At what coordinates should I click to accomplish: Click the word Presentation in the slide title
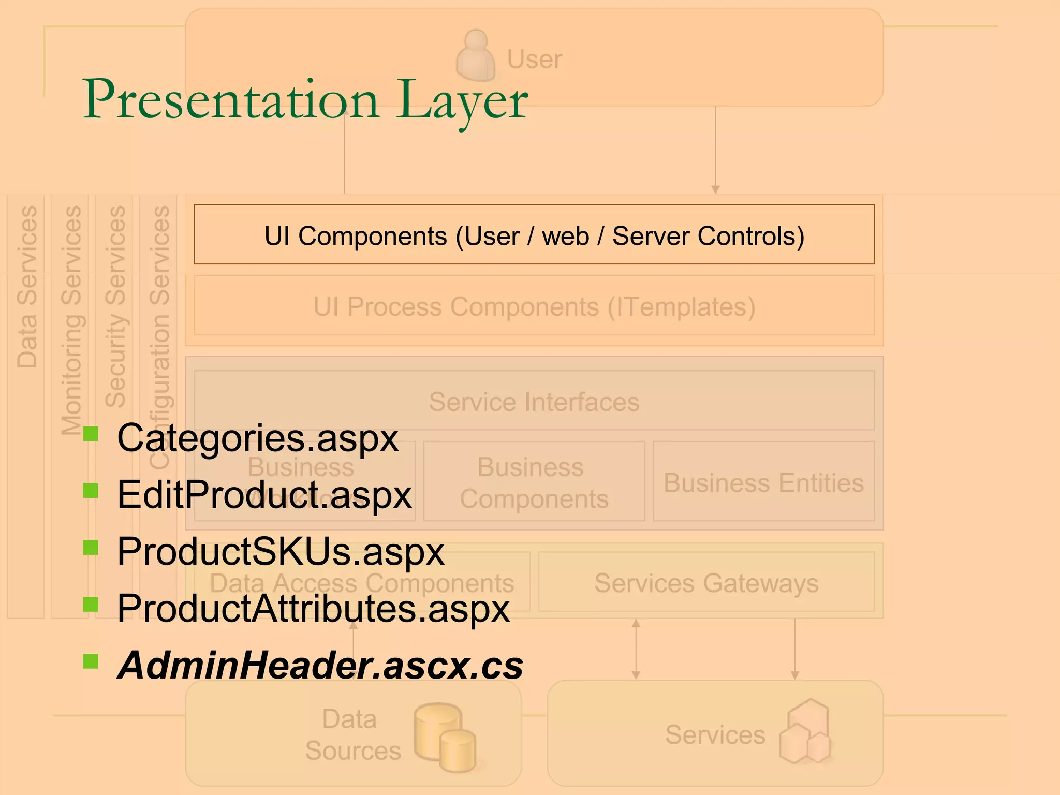point(231,100)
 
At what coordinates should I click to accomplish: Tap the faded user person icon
point(475,56)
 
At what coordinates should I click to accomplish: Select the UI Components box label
point(534,236)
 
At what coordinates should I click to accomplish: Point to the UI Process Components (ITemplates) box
point(534,306)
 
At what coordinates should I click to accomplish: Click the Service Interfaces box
point(534,402)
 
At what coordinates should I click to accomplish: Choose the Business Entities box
point(764,482)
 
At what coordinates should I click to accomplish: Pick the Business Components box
point(534,482)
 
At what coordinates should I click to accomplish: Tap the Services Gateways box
point(706,583)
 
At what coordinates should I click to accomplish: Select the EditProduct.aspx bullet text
point(264,495)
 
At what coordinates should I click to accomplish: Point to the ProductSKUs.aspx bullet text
point(281,551)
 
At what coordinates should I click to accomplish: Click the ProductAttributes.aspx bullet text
point(313,608)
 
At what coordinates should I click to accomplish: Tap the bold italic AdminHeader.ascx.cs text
point(320,665)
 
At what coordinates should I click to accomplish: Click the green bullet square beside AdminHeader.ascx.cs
point(91,661)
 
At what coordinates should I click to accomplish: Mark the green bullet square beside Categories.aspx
point(91,434)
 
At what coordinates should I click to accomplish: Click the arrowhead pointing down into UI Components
point(715,189)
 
